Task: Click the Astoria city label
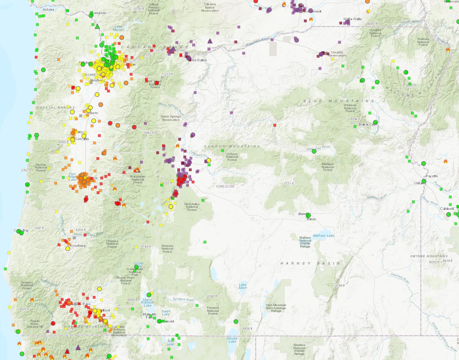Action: click(48, 9)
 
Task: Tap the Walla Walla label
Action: click(352, 19)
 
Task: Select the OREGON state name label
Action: click(225, 186)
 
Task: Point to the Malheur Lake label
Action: click(323, 236)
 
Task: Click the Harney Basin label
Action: click(310, 263)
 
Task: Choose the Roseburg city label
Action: click(78, 246)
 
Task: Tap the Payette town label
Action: click(432, 176)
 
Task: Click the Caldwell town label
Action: click(447, 209)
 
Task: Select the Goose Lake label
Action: click(232, 340)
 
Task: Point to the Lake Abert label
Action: click(243, 286)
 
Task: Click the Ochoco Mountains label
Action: click(232, 146)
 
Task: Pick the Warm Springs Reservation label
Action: click(171, 118)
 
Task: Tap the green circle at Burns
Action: click(308, 215)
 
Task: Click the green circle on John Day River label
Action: click(314, 151)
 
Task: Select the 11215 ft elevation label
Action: click(167, 74)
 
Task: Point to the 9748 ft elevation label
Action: click(339, 286)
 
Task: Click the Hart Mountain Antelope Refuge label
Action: click(276, 308)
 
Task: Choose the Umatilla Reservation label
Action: click(337, 54)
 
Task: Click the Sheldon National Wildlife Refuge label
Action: click(299, 349)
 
